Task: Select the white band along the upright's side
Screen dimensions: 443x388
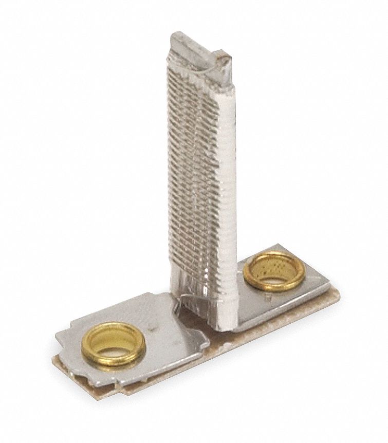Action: [x=225, y=180]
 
